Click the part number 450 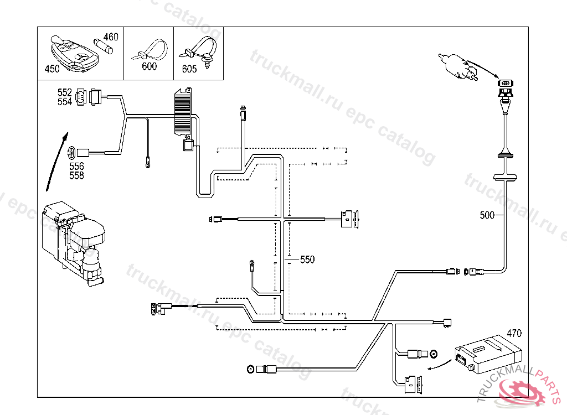pos(51,69)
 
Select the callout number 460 pos(111,37)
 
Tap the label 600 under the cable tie pos(149,66)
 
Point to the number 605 pos(189,69)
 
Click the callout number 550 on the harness pos(307,259)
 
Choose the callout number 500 pos(487,215)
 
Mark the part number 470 pos(514,334)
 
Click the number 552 pos(65,92)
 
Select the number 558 pos(76,175)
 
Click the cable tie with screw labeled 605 pos(200,51)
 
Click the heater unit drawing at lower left pos(75,241)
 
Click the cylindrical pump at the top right pos(457,65)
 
